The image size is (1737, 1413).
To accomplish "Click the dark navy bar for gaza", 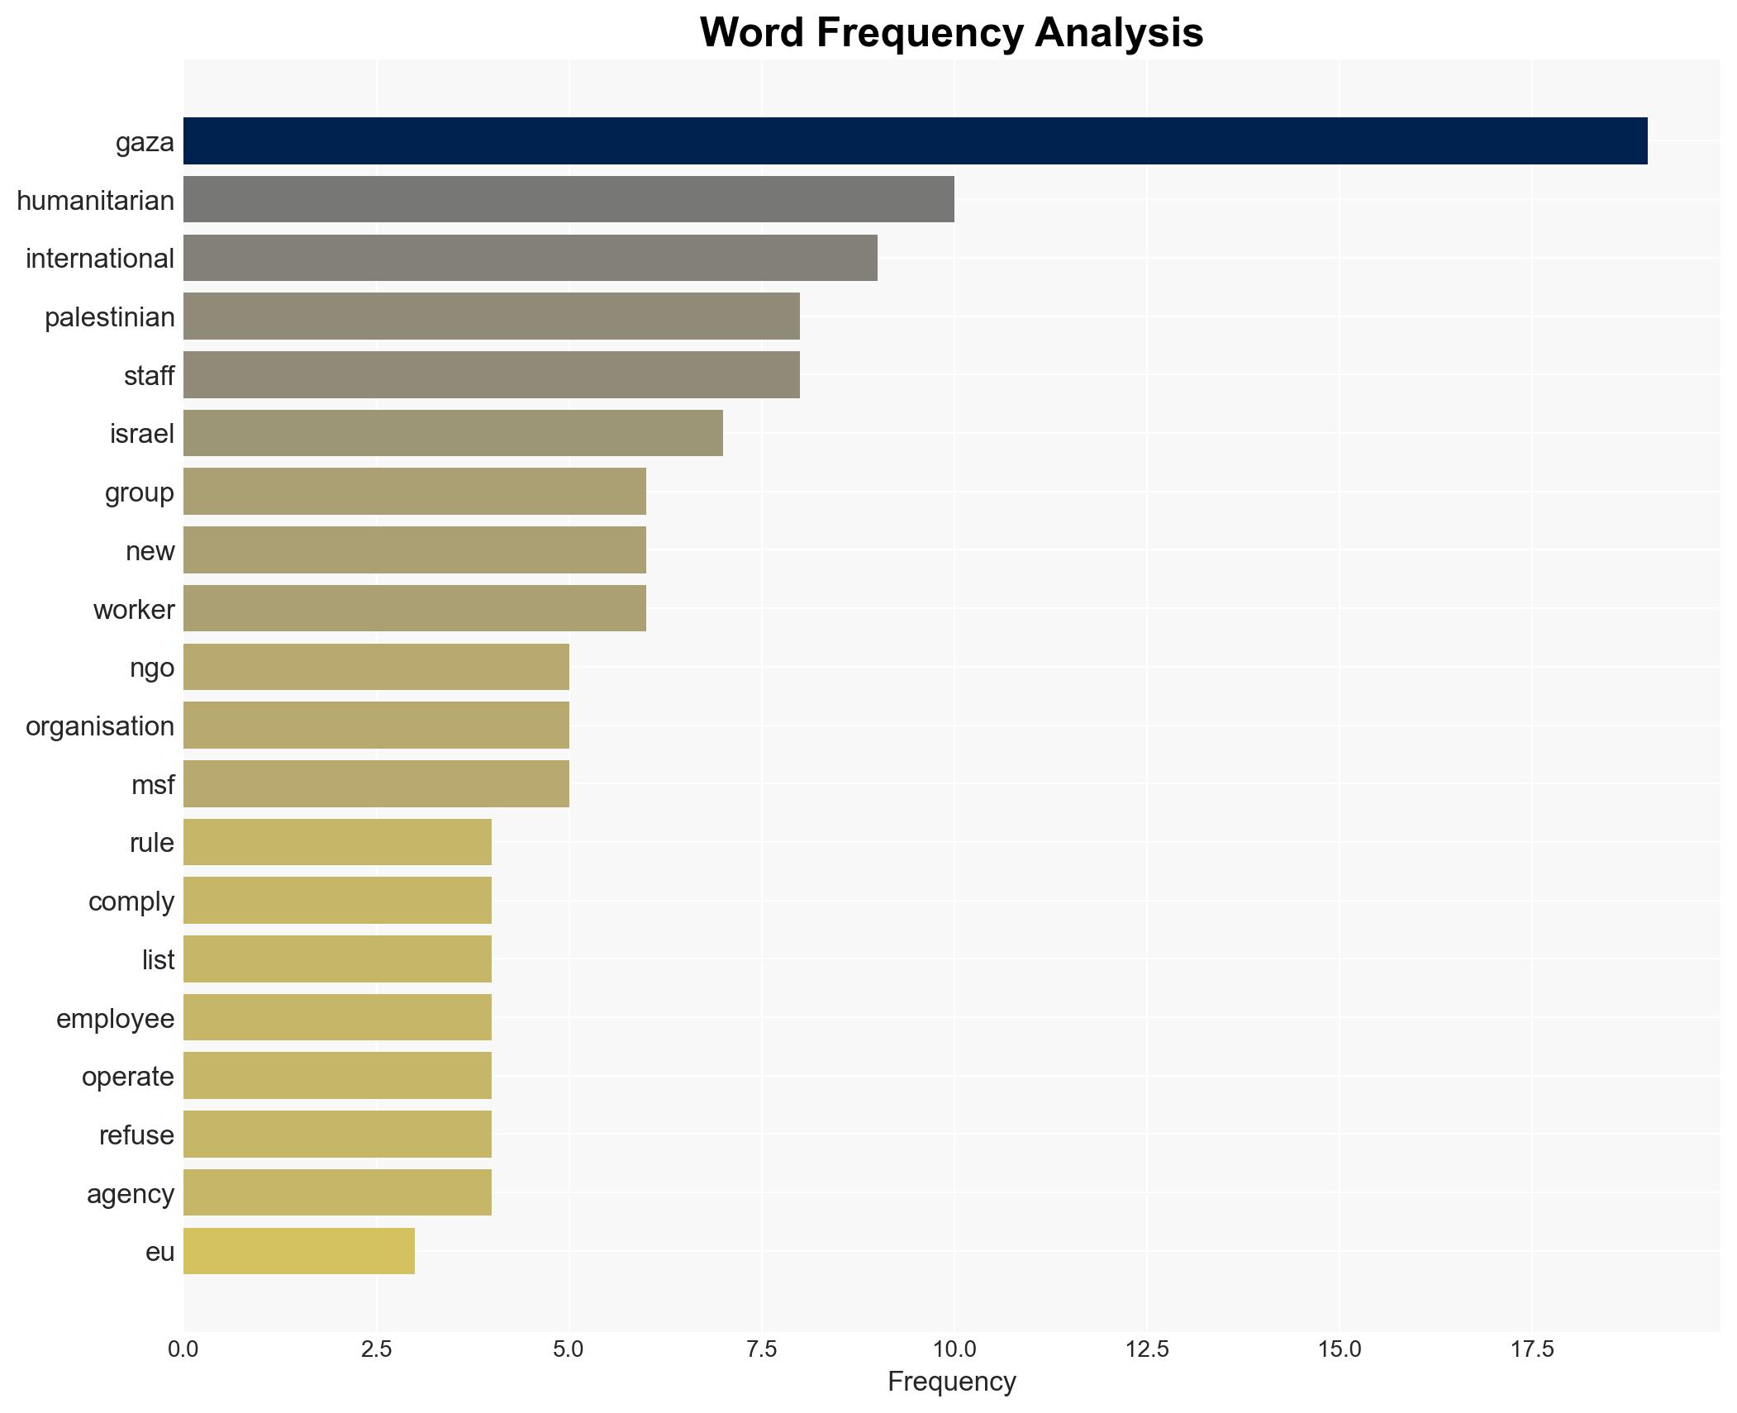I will (x=915, y=141).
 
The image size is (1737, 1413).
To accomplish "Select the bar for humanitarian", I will (x=569, y=199).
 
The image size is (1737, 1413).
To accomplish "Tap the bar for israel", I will (x=453, y=433).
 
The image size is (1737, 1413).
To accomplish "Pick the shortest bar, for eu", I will (x=299, y=1251).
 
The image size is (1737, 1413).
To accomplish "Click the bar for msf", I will (x=376, y=783).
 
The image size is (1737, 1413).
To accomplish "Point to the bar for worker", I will (x=415, y=608).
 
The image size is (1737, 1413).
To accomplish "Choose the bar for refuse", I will (x=337, y=1135).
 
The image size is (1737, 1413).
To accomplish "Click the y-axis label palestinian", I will (x=110, y=317).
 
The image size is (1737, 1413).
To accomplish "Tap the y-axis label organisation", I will (x=100, y=726).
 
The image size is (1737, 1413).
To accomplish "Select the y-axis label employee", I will (x=116, y=1019).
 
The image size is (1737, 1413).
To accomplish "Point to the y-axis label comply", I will (x=131, y=902).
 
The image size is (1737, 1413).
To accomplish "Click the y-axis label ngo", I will (x=152, y=668).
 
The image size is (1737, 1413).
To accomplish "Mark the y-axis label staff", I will (x=150, y=376).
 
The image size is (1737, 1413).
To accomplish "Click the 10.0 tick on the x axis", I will (x=954, y=1349).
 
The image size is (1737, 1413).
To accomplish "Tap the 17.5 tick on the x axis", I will (x=1532, y=1349).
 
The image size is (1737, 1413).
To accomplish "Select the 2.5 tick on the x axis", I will (x=376, y=1349).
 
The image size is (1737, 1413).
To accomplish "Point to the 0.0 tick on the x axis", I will (x=183, y=1349).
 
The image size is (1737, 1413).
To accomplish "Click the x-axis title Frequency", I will (x=951, y=1382).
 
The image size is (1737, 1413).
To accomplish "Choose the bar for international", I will (x=530, y=258).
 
